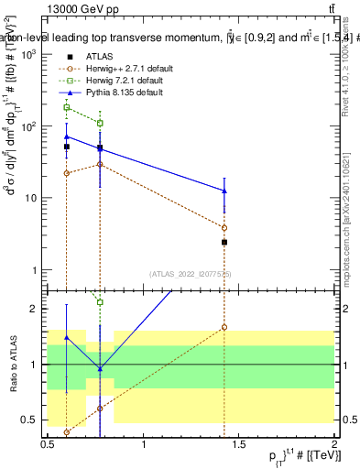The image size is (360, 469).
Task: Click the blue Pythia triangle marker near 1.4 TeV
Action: pyautogui.click(x=224, y=191)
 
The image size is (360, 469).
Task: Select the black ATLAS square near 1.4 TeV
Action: pyautogui.click(x=224, y=242)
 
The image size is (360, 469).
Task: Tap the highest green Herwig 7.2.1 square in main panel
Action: pyautogui.click(x=67, y=107)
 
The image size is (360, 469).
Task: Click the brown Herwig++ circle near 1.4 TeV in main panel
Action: pyautogui.click(x=224, y=227)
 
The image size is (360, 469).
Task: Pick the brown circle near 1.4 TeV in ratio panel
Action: pyautogui.click(x=224, y=327)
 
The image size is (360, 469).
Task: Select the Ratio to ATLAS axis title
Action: pyautogui.click(x=14, y=364)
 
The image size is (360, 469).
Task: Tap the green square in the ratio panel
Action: pyautogui.click(x=100, y=302)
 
